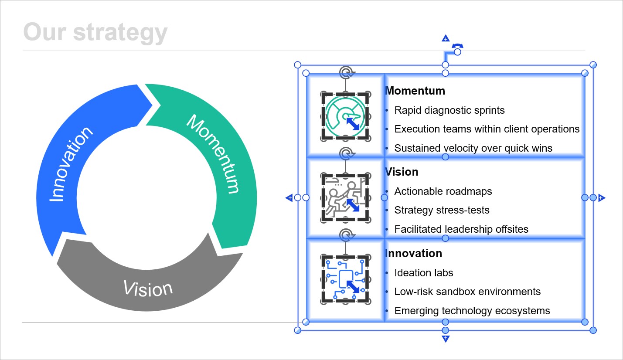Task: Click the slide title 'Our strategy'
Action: point(95,32)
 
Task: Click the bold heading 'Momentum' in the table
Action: point(415,91)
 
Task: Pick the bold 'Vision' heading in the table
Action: point(402,172)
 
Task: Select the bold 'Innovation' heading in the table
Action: point(414,253)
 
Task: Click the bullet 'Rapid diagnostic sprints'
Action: point(449,110)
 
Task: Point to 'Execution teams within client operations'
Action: point(487,129)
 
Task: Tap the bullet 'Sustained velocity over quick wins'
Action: point(473,148)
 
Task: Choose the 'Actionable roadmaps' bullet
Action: point(443,191)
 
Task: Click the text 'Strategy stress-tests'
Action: point(442,210)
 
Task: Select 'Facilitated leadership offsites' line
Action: point(461,229)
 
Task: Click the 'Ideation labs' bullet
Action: point(424,273)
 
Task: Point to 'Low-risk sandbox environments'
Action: point(467,292)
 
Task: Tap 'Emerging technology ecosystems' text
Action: point(472,311)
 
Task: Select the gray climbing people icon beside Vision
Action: point(340,197)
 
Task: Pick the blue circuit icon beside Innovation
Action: point(340,279)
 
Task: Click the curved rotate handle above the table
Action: point(457,46)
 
